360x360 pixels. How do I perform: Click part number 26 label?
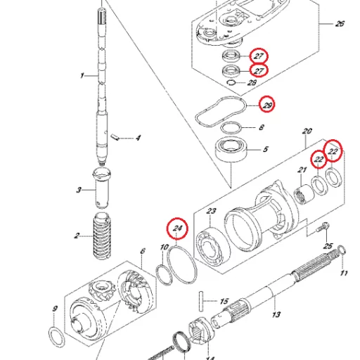(x=340, y=25)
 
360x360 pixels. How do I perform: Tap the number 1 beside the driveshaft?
(x=82, y=75)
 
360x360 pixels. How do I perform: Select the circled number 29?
(x=267, y=105)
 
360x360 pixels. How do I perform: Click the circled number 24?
(x=177, y=228)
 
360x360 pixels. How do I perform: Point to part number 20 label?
(x=306, y=131)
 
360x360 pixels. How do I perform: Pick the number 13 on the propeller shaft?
(x=276, y=314)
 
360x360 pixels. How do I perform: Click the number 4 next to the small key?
(x=138, y=138)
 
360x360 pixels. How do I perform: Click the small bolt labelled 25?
(x=322, y=229)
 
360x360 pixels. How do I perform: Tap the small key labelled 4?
(x=115, y=134)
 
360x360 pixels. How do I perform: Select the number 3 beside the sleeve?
(x=79, y=190)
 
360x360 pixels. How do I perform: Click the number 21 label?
(x=302, y=170)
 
